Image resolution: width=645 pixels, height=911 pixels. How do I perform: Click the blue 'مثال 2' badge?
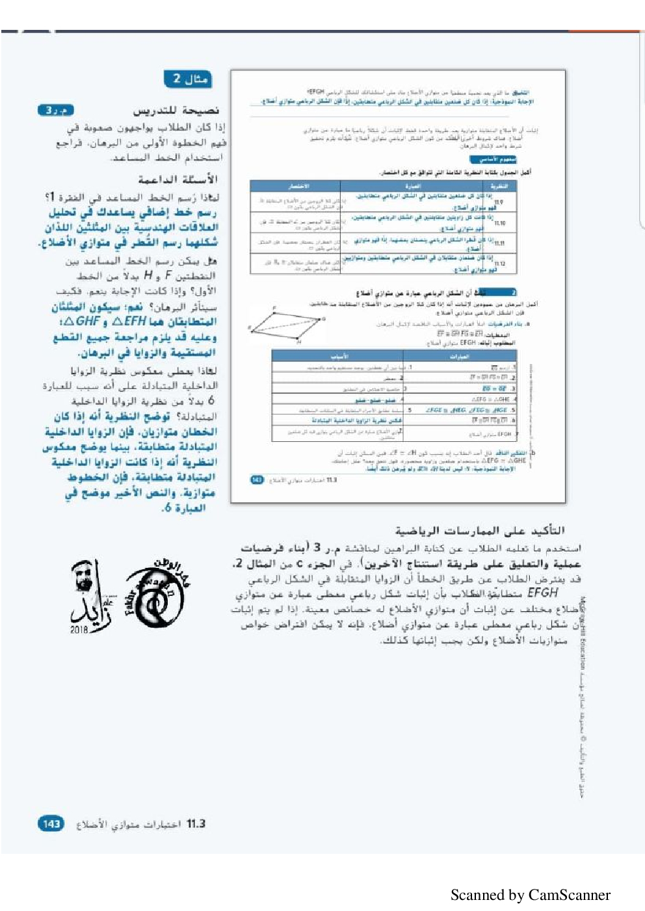189,79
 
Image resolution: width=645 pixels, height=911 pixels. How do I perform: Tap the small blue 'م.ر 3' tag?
55,110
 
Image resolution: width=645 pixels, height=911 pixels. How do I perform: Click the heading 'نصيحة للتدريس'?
176,110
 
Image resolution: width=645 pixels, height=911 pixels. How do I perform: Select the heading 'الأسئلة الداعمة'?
178,179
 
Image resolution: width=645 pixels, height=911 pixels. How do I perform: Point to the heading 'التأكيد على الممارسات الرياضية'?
480,530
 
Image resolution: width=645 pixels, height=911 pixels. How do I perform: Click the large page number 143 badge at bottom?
51,824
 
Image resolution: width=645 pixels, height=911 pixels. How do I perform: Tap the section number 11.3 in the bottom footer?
196,824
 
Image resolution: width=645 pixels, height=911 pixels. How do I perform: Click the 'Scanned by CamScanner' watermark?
530,895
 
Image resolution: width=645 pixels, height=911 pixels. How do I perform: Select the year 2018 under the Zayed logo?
79,630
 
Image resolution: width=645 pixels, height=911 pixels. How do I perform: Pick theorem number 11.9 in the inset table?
499,203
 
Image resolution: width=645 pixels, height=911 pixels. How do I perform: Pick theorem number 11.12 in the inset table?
499,264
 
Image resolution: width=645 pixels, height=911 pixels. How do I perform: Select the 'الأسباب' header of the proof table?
339,356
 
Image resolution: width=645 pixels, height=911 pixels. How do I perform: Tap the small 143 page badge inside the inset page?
257,480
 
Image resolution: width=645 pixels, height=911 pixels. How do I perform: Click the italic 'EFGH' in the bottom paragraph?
542,593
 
